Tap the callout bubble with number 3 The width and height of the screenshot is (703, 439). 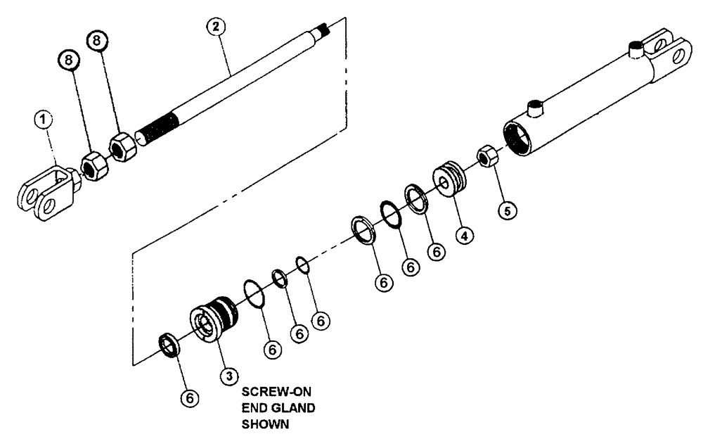(x=227, y=376)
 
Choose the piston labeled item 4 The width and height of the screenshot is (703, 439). (x=451, y=179)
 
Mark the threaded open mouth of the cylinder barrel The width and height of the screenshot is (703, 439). (x=520, y=138)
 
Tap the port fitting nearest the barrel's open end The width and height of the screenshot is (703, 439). (x=536, y=108)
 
